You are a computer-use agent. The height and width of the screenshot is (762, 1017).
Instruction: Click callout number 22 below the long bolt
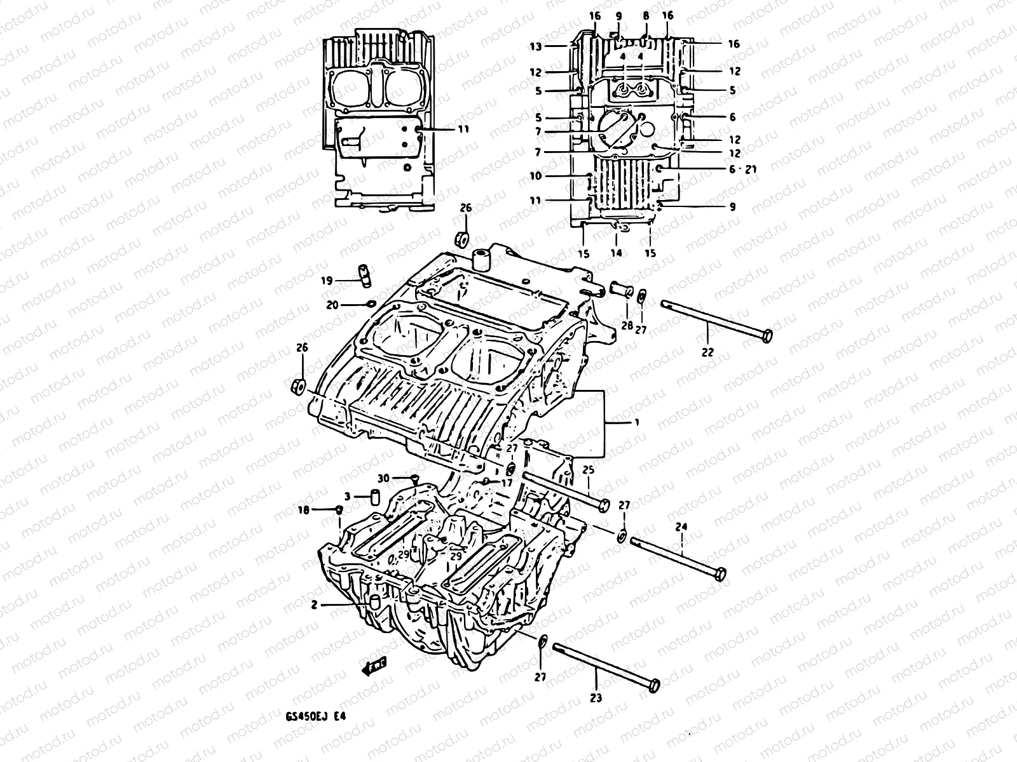click(707, 352)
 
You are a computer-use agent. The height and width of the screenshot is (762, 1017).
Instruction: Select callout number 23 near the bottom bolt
click(596, 697)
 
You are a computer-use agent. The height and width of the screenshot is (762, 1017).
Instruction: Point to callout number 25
click(588, 471)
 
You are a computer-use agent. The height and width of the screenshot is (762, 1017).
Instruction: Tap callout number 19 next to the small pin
click(326, 280)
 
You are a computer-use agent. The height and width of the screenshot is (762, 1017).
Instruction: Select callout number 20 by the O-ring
click(332, 305)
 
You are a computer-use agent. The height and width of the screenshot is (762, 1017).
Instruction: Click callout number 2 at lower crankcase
click(314, 605)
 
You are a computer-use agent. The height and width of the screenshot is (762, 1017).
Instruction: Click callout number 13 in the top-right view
click(535, 46)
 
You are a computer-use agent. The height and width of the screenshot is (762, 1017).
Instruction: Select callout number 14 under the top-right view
click(616, 253)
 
